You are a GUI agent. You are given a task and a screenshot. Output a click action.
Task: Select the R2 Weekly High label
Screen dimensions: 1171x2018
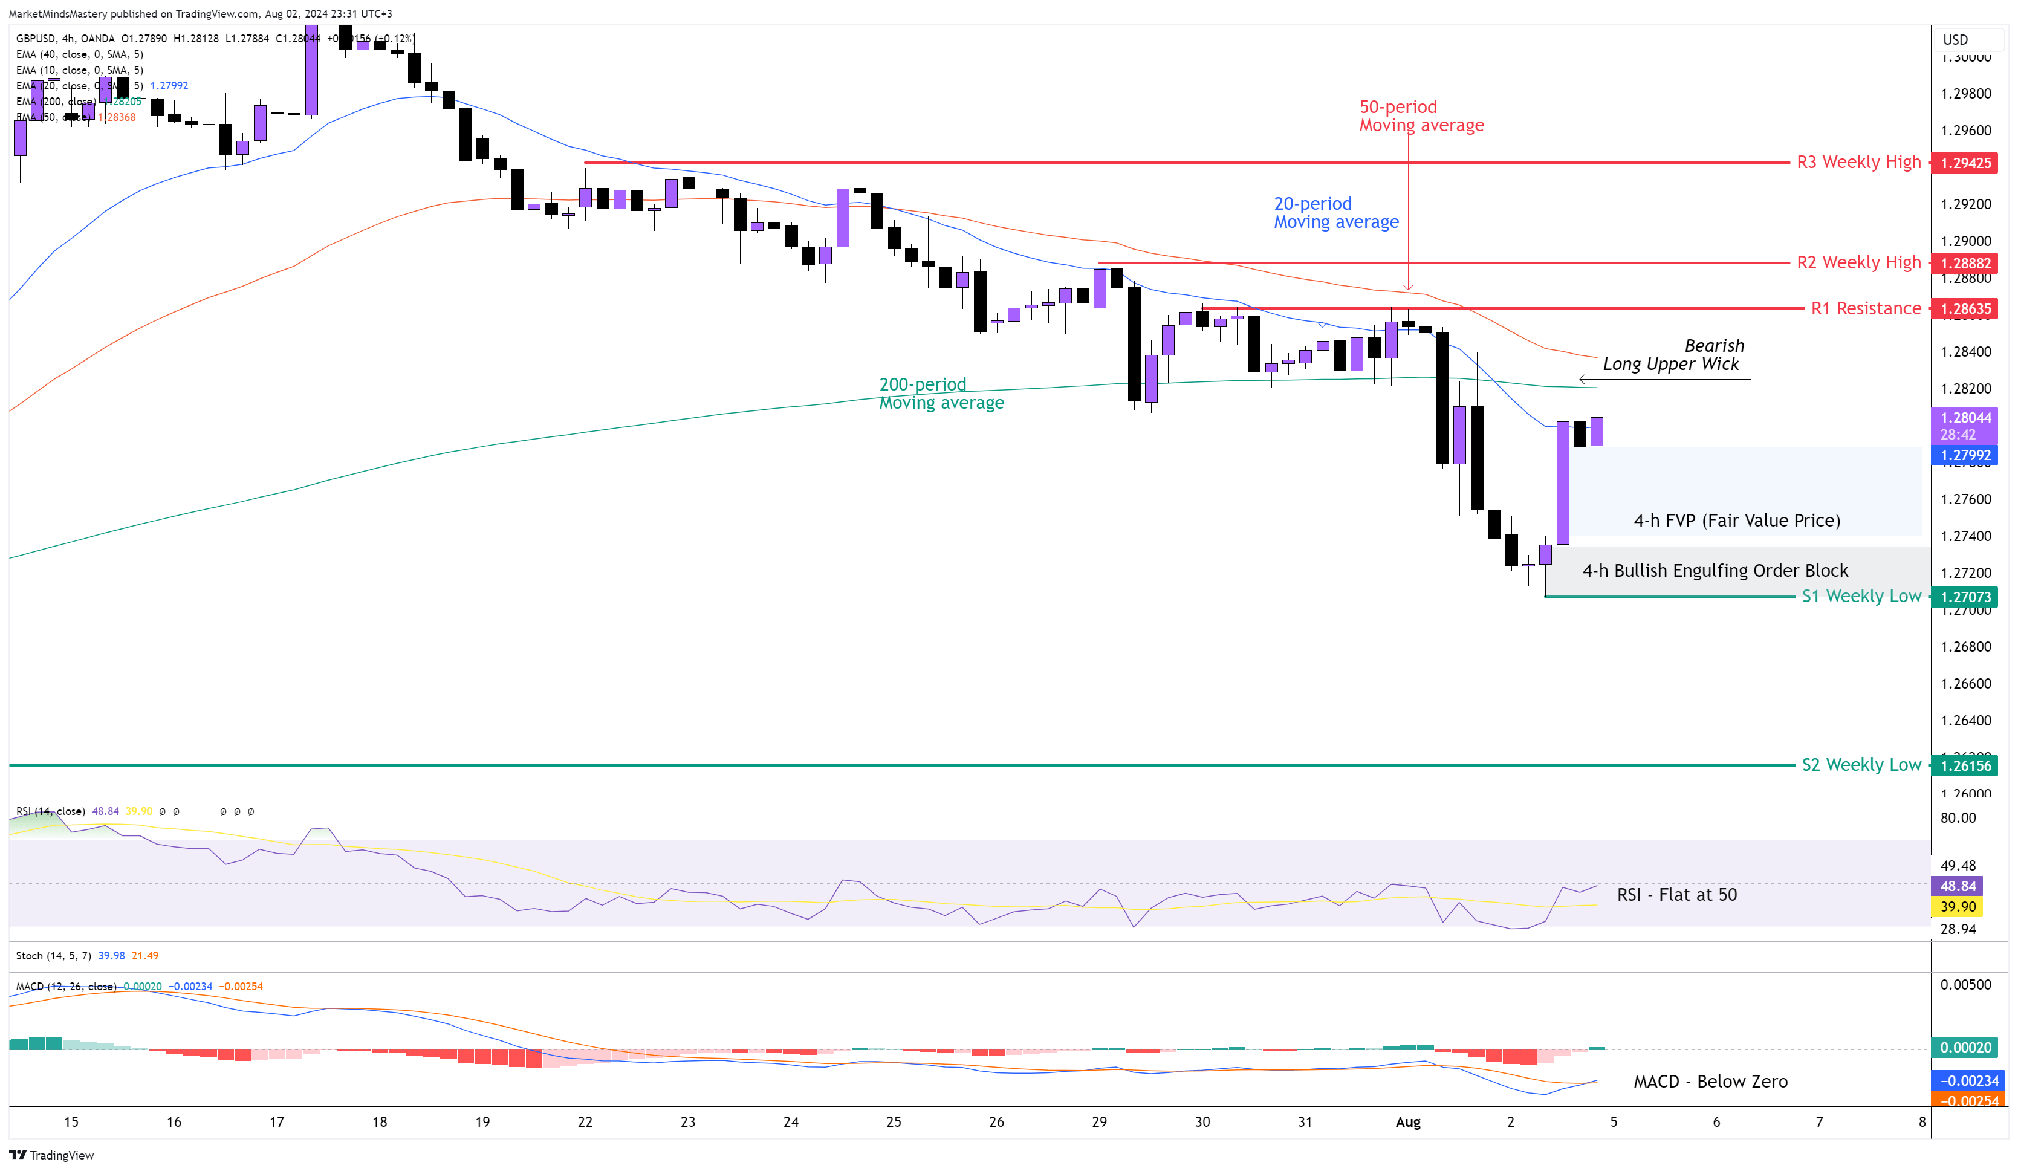1858,263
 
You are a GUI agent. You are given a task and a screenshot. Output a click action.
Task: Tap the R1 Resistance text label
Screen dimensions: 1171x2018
1865,308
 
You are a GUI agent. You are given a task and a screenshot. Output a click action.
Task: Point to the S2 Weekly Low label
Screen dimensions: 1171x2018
1860,765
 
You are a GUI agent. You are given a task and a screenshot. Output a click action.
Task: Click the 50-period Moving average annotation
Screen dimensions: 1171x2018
1421,116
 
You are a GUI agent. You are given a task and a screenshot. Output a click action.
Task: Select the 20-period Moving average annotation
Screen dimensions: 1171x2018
1335,213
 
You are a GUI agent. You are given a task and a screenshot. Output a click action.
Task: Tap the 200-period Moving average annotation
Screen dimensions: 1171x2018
941,394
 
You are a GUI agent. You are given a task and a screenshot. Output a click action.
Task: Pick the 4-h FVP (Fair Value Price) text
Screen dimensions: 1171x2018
1736,521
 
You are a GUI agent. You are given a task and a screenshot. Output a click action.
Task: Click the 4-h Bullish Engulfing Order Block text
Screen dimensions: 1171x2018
1715,570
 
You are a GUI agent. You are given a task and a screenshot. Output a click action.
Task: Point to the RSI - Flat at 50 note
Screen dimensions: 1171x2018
1676,895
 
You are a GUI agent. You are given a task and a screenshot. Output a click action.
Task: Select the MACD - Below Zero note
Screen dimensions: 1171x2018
1710,1082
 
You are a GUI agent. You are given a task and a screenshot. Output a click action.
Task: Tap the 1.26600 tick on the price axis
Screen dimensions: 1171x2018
1965,684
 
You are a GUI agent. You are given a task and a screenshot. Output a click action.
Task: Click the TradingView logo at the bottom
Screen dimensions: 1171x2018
52,1155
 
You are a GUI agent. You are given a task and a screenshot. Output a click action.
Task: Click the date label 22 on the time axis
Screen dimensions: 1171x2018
585,1122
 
